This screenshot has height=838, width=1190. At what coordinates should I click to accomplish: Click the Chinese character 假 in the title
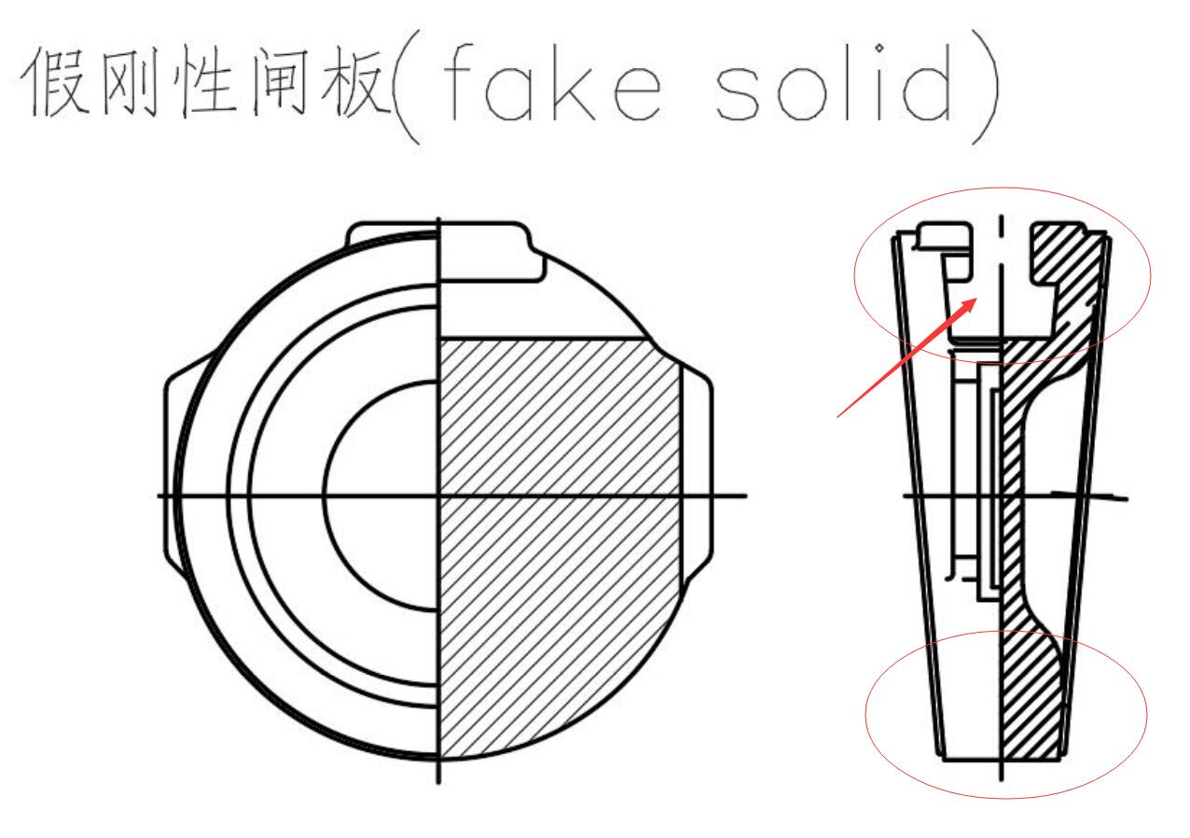[55, 81]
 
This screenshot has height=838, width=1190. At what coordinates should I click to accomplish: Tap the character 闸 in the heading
[280, 81]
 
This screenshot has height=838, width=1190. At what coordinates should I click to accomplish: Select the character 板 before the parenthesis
[356, 81]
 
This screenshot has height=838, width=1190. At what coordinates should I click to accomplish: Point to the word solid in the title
[834, 83]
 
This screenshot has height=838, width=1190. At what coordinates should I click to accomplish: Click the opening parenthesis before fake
[407, 87]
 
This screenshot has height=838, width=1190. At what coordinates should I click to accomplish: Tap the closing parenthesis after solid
[986, 87]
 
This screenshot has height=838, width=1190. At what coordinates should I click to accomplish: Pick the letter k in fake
[574, 83]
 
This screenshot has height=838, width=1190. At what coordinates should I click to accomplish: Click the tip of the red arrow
[977, 299]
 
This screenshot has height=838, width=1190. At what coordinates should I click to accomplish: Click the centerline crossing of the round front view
[438, 496]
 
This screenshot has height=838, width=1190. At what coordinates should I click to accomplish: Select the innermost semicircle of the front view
[381, 496]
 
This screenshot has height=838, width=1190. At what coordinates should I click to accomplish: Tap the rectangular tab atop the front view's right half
[491, 251]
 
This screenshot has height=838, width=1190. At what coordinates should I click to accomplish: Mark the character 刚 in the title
[131, 81]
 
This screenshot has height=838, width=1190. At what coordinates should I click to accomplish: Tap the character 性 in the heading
[206, 81]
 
